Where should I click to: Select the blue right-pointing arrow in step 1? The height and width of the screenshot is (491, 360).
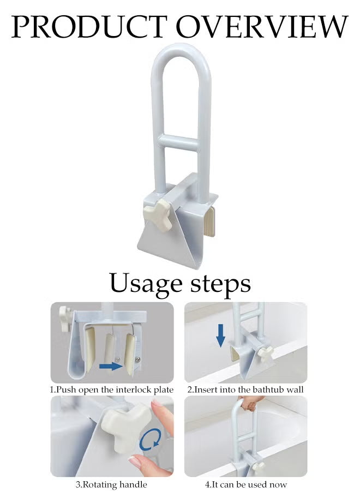(111, 367)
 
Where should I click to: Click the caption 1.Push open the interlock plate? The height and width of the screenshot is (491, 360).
(112, 390)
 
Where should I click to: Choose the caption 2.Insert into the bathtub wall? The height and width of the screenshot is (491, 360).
(245, 390)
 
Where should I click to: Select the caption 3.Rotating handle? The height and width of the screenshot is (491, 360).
(111, 484)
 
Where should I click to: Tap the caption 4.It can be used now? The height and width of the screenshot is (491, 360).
(245, 484)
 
